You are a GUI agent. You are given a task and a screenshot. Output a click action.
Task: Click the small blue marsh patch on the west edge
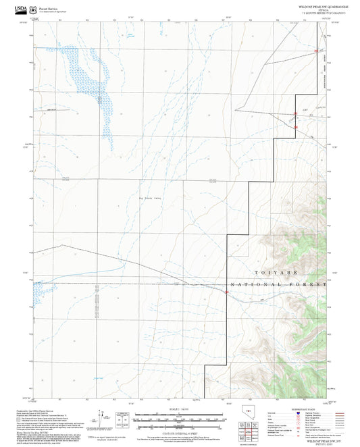pyautogui.click(x=39, y=292)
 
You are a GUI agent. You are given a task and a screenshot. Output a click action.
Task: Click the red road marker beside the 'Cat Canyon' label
pyautogui.click(x=295, y=113)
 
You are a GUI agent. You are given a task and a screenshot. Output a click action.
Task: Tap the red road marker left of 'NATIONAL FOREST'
pyautogui.click(x=226, y=292)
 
